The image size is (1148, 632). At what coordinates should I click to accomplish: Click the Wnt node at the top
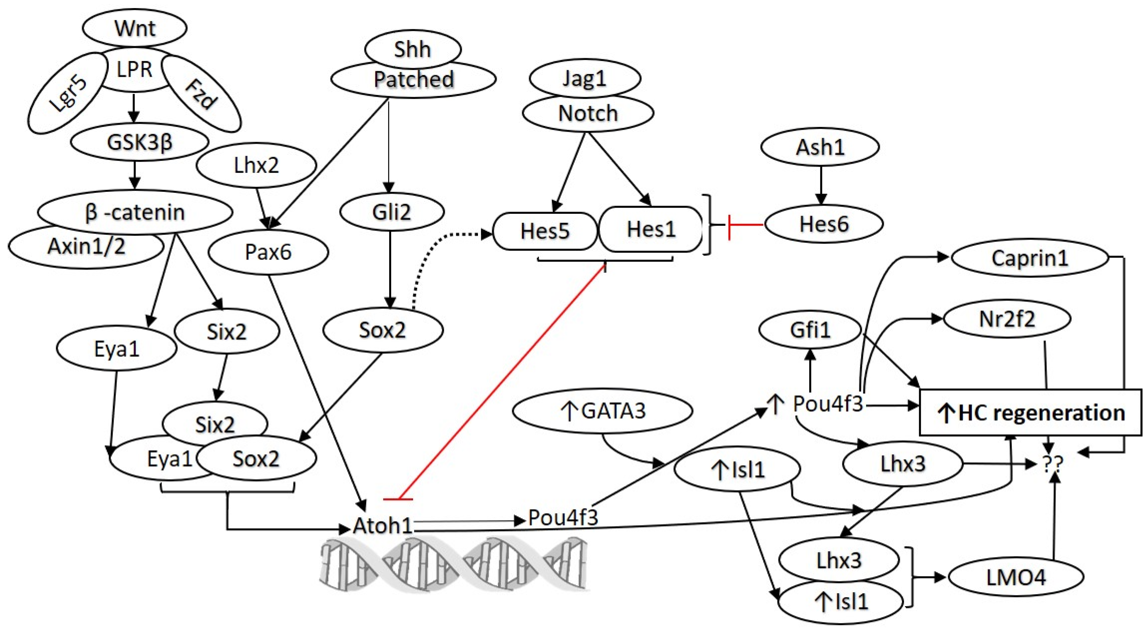[x=134, y=28]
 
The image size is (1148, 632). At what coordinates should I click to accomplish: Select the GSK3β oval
[x=139, y=143]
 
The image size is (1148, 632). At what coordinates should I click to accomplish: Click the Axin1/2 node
[x=86, y=246]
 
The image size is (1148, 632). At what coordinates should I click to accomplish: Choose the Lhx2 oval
[x=256, y=165]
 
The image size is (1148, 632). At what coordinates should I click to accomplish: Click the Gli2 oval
[x=391, y=212]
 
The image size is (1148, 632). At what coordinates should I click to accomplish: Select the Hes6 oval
[x=824, y=224]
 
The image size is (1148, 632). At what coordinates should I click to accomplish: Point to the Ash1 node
[x=820, y=147]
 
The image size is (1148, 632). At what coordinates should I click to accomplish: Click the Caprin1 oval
[x=1030, y=258]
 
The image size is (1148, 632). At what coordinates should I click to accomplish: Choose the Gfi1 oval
[x=810, y=330]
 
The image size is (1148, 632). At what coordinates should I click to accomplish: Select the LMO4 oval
[x=1016, y=578]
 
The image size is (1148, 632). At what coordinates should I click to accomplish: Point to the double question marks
[x=1053, y=464]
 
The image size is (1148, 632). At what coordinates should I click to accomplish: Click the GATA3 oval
[x=603, y=411]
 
